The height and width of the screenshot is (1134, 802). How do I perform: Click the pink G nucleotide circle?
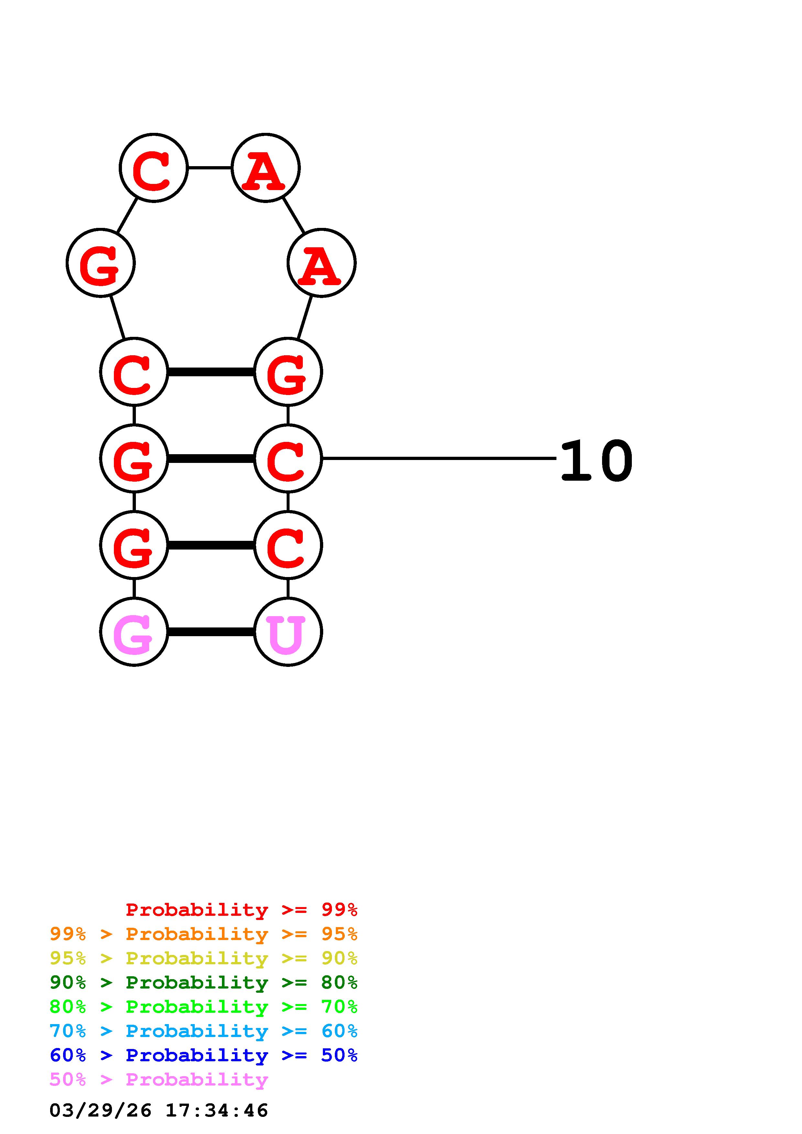point(134,632)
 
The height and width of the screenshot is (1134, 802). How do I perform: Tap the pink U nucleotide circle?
point(288,632)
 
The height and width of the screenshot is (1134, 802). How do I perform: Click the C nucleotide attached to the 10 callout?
point(288,458)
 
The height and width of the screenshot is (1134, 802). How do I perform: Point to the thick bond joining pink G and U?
point(211,632)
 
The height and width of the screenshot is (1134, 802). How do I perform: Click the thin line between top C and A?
point(210,168)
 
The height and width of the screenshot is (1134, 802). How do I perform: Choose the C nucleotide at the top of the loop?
point(154,168)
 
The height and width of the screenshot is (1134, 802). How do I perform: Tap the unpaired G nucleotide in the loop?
point(101,263)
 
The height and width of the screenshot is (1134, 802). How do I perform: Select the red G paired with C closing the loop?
point(288,372)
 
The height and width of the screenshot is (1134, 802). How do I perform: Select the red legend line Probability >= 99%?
point(241,910)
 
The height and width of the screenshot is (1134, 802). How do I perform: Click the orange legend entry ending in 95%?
point(203,934)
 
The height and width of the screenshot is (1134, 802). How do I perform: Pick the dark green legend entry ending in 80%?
point(203,982)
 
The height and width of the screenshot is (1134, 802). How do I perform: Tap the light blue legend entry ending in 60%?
point(203,1031)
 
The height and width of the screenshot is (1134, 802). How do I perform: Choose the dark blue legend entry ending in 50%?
point(203,1055)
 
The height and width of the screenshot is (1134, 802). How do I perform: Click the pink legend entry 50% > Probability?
point(159,1079)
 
